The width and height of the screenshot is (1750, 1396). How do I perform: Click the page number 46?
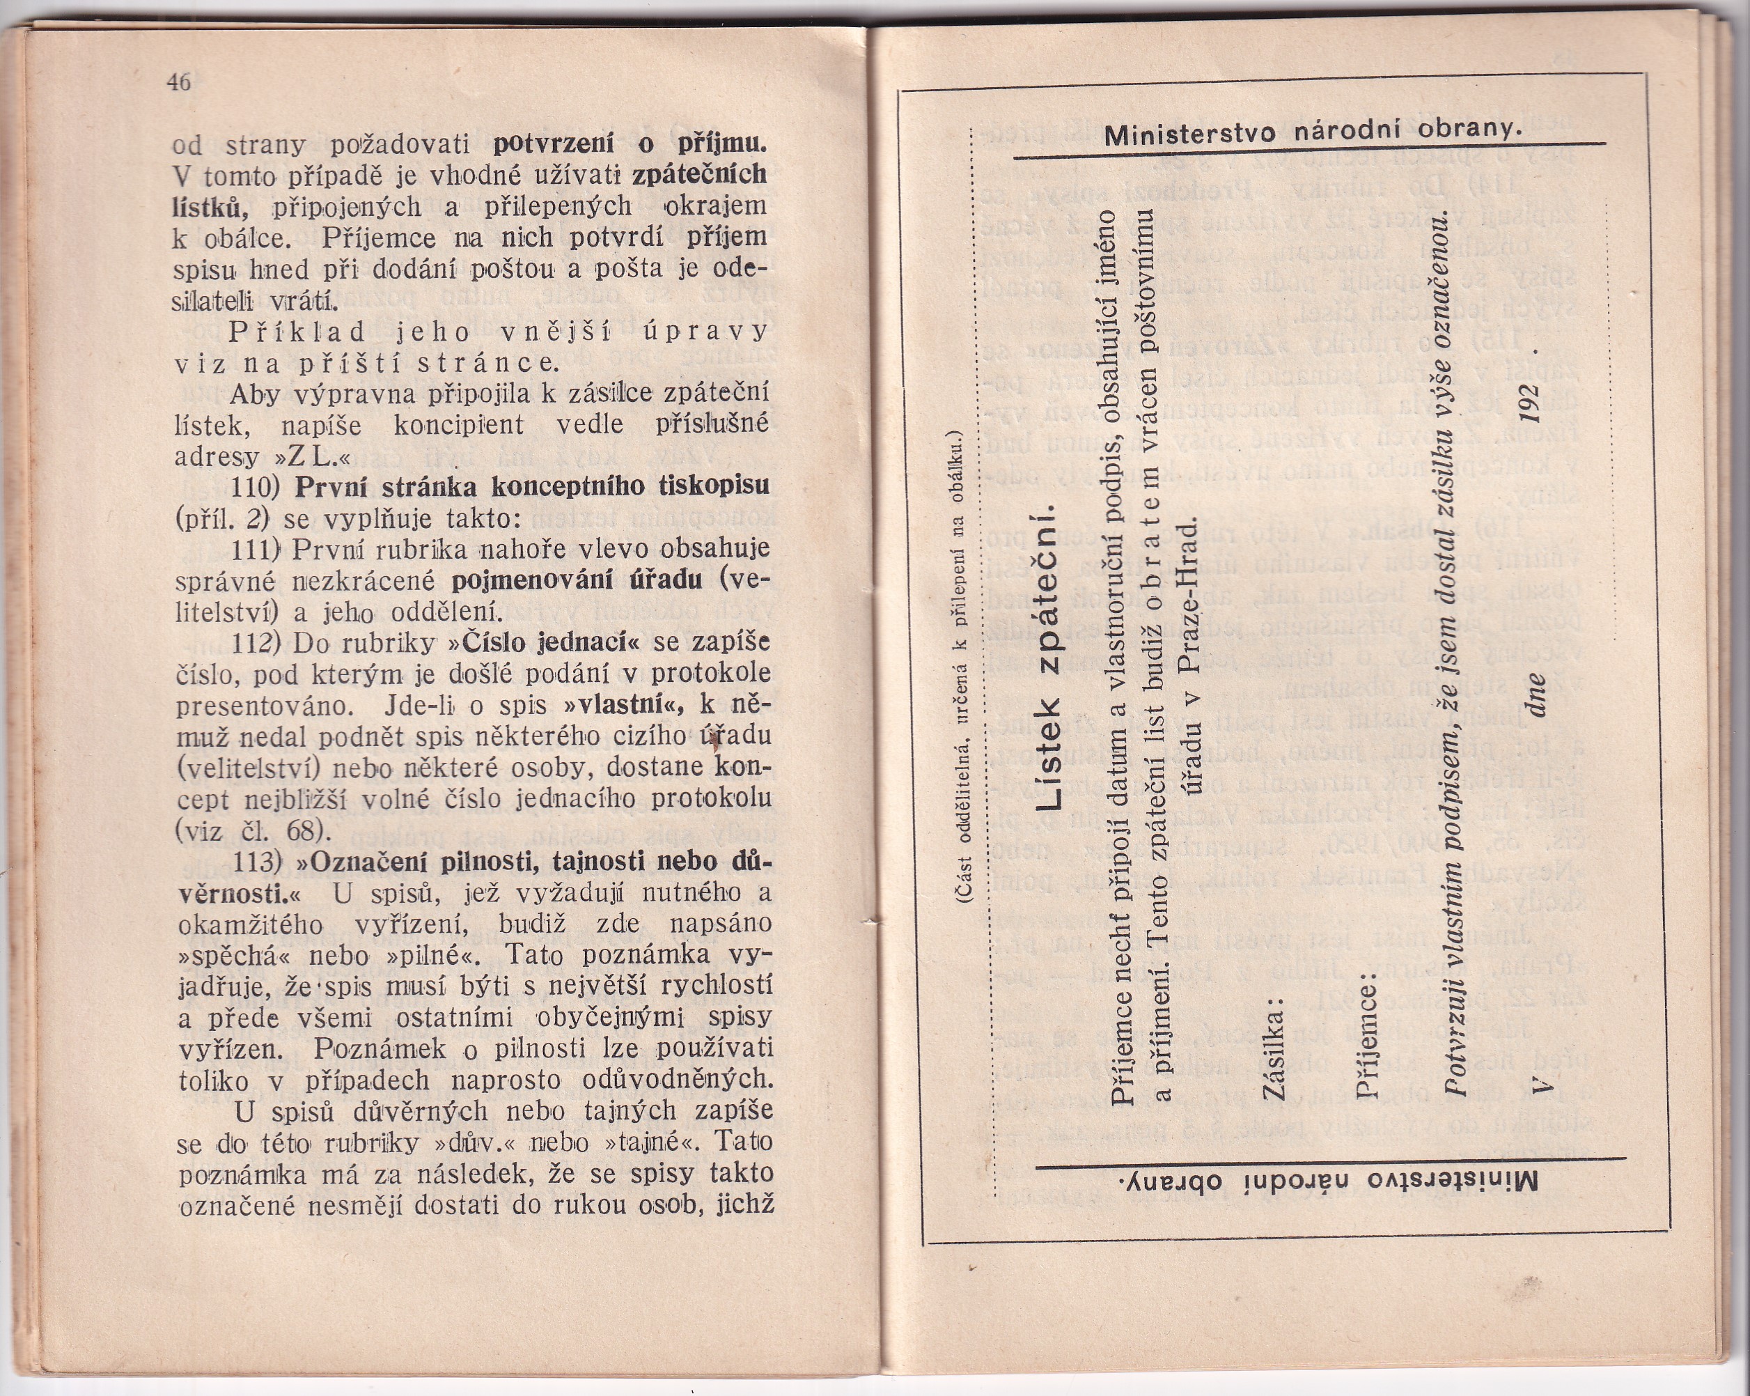point(178,82)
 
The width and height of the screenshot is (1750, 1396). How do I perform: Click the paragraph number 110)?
point(255,487)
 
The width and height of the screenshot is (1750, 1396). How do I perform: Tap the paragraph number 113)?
point(257,862)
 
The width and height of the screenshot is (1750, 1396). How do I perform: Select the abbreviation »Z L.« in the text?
point(314,456)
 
